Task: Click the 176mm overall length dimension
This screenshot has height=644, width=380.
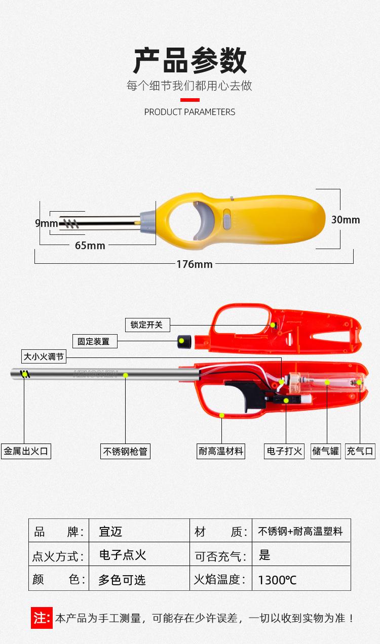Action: (195, 264)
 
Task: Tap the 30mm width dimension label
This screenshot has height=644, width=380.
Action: (345, 219)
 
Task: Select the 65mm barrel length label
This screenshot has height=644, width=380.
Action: (90, 246)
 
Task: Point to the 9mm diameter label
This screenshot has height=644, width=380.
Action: (46, 223)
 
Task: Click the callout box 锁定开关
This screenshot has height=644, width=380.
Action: (147, 325)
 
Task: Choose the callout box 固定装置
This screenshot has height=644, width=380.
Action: (94, 341)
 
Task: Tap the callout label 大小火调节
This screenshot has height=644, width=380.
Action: (44, 356)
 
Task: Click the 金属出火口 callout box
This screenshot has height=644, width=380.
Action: (26, 451)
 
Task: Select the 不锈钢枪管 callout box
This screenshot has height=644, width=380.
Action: (126, 451)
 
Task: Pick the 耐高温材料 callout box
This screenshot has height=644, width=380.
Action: (221, 451)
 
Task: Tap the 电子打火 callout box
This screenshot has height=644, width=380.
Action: (284, 451)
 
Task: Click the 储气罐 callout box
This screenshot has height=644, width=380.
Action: (326, 451)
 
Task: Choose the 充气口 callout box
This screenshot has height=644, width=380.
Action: (360, 451)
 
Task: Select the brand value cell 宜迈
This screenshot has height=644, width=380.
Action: (110, 532)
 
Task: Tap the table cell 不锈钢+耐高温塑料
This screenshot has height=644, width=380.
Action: (300, 532)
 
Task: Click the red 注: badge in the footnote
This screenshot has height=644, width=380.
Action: (42, 618)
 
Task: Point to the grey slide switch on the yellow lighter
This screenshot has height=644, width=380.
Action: (227, 220)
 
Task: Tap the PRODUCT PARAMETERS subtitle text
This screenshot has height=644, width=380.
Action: (189, 112)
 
